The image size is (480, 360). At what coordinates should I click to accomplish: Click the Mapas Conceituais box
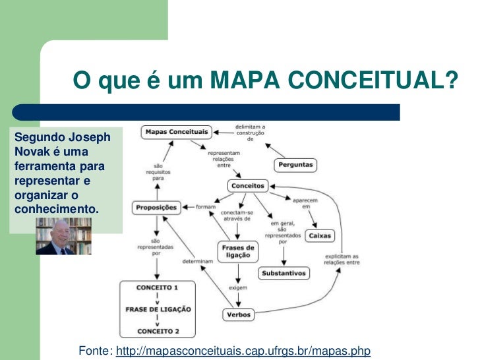pos(175,132)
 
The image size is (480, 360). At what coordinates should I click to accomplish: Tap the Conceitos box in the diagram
pos(247,186)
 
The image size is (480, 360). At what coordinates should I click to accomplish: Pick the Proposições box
pos(156,207)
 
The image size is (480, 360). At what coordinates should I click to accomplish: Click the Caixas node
pos(320,235)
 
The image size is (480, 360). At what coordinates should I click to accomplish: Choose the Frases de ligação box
pos(238,252)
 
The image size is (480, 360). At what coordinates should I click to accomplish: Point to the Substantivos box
pos(284,272)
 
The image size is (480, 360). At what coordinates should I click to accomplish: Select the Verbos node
pos(238,315)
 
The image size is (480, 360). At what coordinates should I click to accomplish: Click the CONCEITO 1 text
pos(157,287)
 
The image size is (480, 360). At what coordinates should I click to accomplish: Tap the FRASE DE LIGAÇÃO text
pos(158,309)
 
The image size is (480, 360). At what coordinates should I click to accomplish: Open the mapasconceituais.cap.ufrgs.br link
pos(251,350)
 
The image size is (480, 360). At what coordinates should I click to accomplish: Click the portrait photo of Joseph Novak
pos(63,236)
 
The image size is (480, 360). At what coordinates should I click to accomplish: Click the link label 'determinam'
pos(198,260)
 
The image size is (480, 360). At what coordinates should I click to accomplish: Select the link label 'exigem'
pos(238,288)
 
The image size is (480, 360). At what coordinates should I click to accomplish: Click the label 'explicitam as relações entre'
pos(342,258)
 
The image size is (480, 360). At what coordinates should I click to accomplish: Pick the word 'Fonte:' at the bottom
pos(95,350)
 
